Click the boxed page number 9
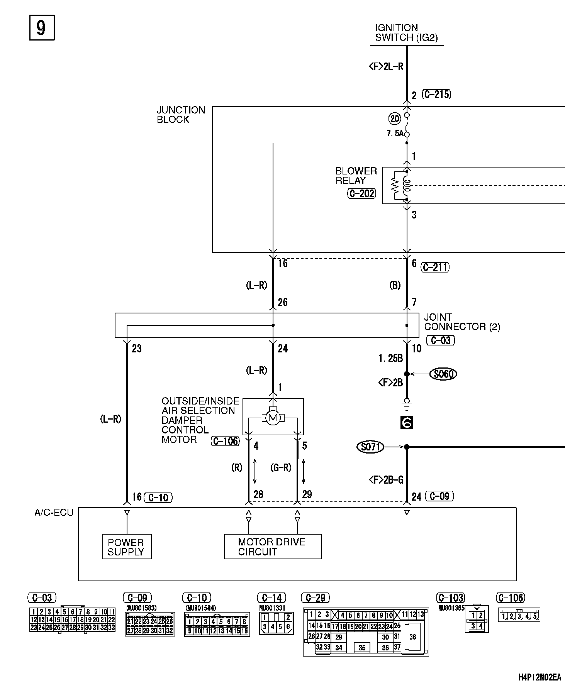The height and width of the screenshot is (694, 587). [x=42, y=28]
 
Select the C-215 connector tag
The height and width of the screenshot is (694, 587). [x=436, y=95]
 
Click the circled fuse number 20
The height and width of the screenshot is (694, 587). [x=395, y=119]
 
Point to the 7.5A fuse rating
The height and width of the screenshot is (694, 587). [x=395, y=134]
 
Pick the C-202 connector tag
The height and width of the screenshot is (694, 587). [x=361, y=194]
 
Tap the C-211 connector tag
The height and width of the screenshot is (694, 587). [x=435, y=267]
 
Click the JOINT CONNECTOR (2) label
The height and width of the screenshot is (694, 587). [x=461, y=322]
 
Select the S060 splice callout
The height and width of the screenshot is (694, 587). [x=443, y=374]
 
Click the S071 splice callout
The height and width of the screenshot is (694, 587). [x=370, y=447]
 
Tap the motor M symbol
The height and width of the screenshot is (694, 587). [x=273, y=417]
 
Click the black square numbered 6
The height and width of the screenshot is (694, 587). [x=407, y=423]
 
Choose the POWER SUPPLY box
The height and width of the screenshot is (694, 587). [x=127, y=547]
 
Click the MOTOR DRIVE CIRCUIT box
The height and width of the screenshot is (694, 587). [x=273, y=547]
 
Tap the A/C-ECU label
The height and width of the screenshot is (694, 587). [x=54, y=513]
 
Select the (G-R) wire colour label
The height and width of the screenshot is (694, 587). [x=281, y=468]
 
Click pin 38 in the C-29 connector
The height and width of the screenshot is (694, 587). [x=413, y=637]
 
